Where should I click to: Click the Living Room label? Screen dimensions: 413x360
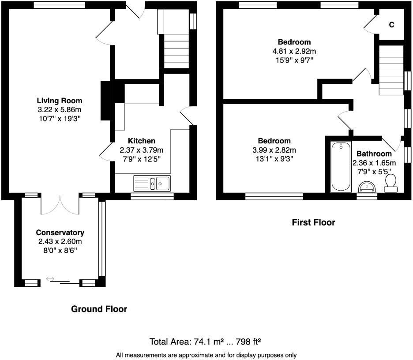click(x=59, y=101)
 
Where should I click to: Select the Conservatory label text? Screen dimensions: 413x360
click(x=60, y=232)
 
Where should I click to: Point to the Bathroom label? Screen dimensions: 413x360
click(x=374, y=154)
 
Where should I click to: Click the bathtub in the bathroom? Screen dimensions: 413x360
click(x=341, y=167)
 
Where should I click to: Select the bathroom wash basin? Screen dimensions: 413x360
click(x=367, y=187)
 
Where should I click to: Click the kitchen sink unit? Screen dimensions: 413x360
click(x=153, y=183)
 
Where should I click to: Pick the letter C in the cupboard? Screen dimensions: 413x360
click(x=391, y=25)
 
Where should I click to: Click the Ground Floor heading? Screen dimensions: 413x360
click(x=99, y=309)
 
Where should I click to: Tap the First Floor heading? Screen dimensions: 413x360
click(x=313, y=223)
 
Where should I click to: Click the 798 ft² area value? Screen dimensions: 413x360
click(x=249, y=341)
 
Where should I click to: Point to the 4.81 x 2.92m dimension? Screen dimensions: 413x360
click(x=294, y=51)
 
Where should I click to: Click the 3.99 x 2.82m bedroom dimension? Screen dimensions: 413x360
click(x=274, y=150)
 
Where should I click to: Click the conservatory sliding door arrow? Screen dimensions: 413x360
click(x=50, y=279)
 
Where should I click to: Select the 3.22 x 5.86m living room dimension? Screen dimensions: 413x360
click(x=59, y=109)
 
